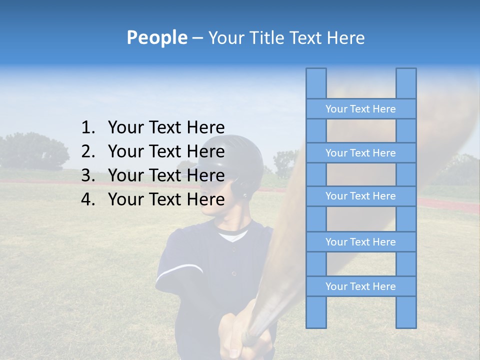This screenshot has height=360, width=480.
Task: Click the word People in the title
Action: pos(157,37)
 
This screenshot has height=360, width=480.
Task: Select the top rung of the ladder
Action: pos(360,109)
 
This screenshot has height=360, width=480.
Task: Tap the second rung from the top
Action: pos(360,153)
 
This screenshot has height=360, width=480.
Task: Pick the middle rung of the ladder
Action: pos(360,196)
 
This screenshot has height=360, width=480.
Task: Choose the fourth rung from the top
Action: pos(360,242)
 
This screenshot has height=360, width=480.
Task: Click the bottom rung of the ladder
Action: pos(360,286)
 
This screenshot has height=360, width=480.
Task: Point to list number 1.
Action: pos(87,127)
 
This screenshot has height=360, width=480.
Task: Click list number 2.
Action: pos(87,151)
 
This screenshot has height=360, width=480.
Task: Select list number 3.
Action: pos(87,175)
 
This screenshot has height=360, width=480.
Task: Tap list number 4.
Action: pos(87,199)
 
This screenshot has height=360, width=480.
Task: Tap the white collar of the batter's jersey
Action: pos(233,235)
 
